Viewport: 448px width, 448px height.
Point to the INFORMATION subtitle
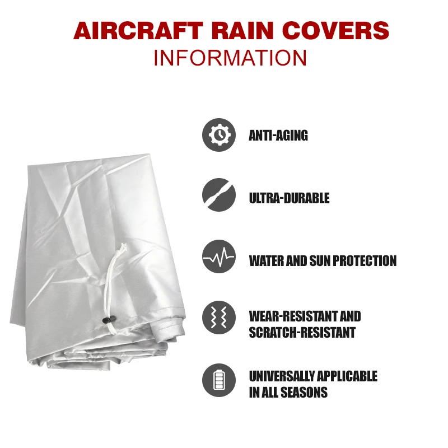230,58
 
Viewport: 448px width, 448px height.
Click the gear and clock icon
219,135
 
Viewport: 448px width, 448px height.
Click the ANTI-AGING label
278,136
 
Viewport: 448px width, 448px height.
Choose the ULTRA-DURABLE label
289,198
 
